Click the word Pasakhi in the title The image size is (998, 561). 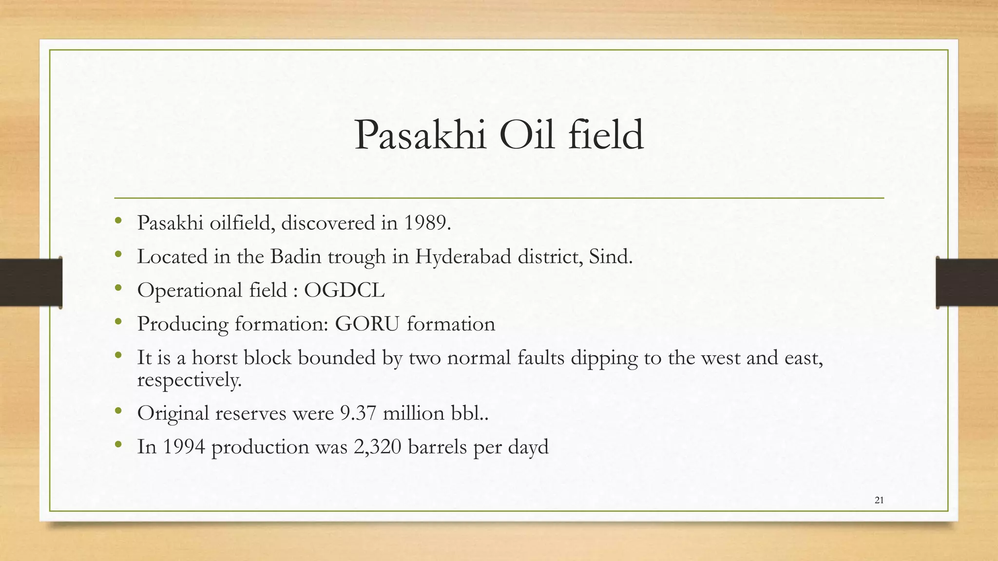point(420,135)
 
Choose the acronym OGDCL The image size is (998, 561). point(344,290)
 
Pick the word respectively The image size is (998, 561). point(189,380)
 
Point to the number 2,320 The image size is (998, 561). point(378,447)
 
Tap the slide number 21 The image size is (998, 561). point(879,500)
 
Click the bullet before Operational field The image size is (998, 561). point(118,288)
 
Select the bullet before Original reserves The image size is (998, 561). point(118,411)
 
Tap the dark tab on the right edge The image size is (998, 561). point(967,282)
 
